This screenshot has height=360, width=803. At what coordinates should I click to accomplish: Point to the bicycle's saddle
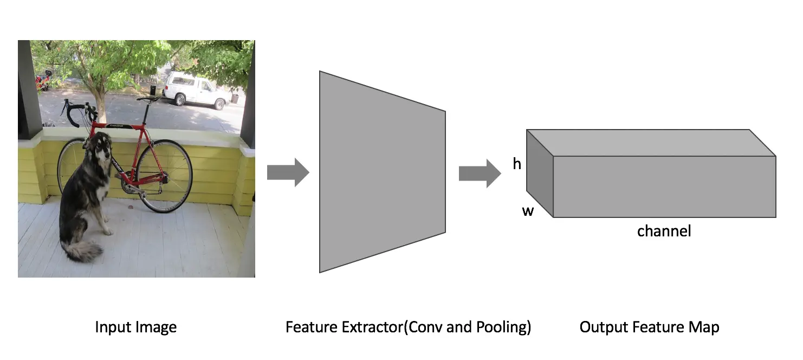coord(147,99)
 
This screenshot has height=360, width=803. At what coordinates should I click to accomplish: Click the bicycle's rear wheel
coord(164,176)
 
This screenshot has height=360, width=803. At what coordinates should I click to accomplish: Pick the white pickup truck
coord(195,90)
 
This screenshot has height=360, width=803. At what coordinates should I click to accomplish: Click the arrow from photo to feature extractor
coord(288,172)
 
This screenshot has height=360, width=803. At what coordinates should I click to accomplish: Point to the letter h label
coord(517,163)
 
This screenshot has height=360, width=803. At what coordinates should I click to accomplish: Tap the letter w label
coord(528,211)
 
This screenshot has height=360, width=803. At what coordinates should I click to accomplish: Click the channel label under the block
coord(664,232)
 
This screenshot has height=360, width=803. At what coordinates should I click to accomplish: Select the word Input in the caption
coord(112,327)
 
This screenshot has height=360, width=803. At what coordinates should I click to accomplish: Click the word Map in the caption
coord(705,327)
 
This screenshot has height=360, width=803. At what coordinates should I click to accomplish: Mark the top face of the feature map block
coord(650,143)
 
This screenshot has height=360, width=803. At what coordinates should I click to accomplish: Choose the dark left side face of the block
coord(539,173)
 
